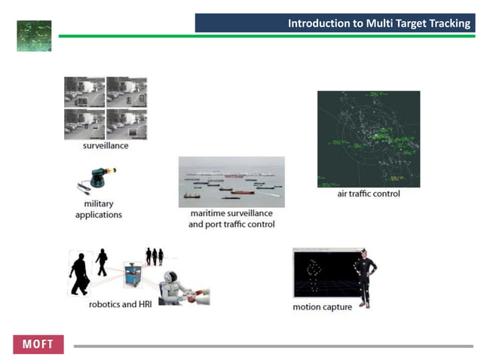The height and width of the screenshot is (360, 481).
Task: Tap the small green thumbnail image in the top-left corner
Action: pyautogui.click(x=34, y=35)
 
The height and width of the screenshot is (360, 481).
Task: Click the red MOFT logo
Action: pyautogui.click(x=38, y=344)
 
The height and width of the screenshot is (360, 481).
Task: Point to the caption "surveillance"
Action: pyautogui.click(x=106, y=145)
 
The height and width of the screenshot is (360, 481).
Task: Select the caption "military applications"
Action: pyautogui.click(x=99, y=209)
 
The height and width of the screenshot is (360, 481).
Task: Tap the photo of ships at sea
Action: pyautogui.click(x=231, y=182)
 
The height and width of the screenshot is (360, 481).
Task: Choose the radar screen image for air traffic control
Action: pyautogui.click(x=368, y=139)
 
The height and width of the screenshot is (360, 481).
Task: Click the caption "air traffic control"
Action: pyautogui.click(x=368, y=194)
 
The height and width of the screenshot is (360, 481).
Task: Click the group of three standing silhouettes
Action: pyautogui.click(x=155, y=256)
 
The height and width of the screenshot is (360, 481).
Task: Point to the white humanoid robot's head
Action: pyautogui.click(x=173, y=279)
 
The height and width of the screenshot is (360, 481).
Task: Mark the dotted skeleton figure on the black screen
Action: pyautogui.click(x=314, y=274)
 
